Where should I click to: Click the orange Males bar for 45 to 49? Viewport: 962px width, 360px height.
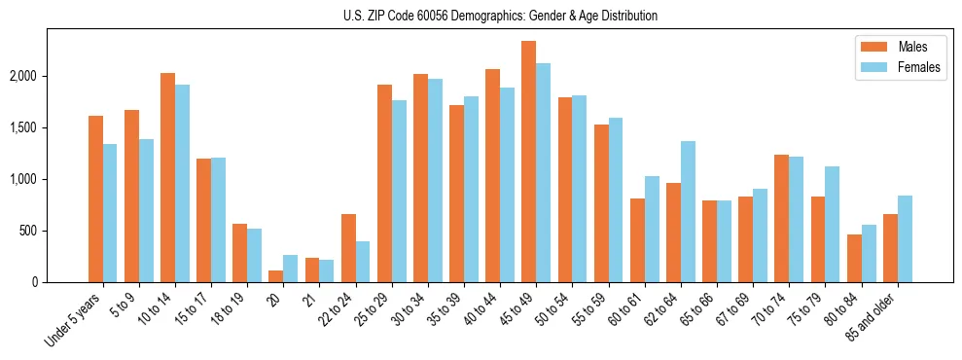528,162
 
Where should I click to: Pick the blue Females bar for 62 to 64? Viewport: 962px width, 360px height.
688,211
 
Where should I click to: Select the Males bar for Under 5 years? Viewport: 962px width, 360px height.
95,198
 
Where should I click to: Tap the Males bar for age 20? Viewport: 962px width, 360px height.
275,276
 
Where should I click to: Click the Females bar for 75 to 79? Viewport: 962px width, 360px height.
833,224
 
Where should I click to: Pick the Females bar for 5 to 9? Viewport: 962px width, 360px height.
146,210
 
